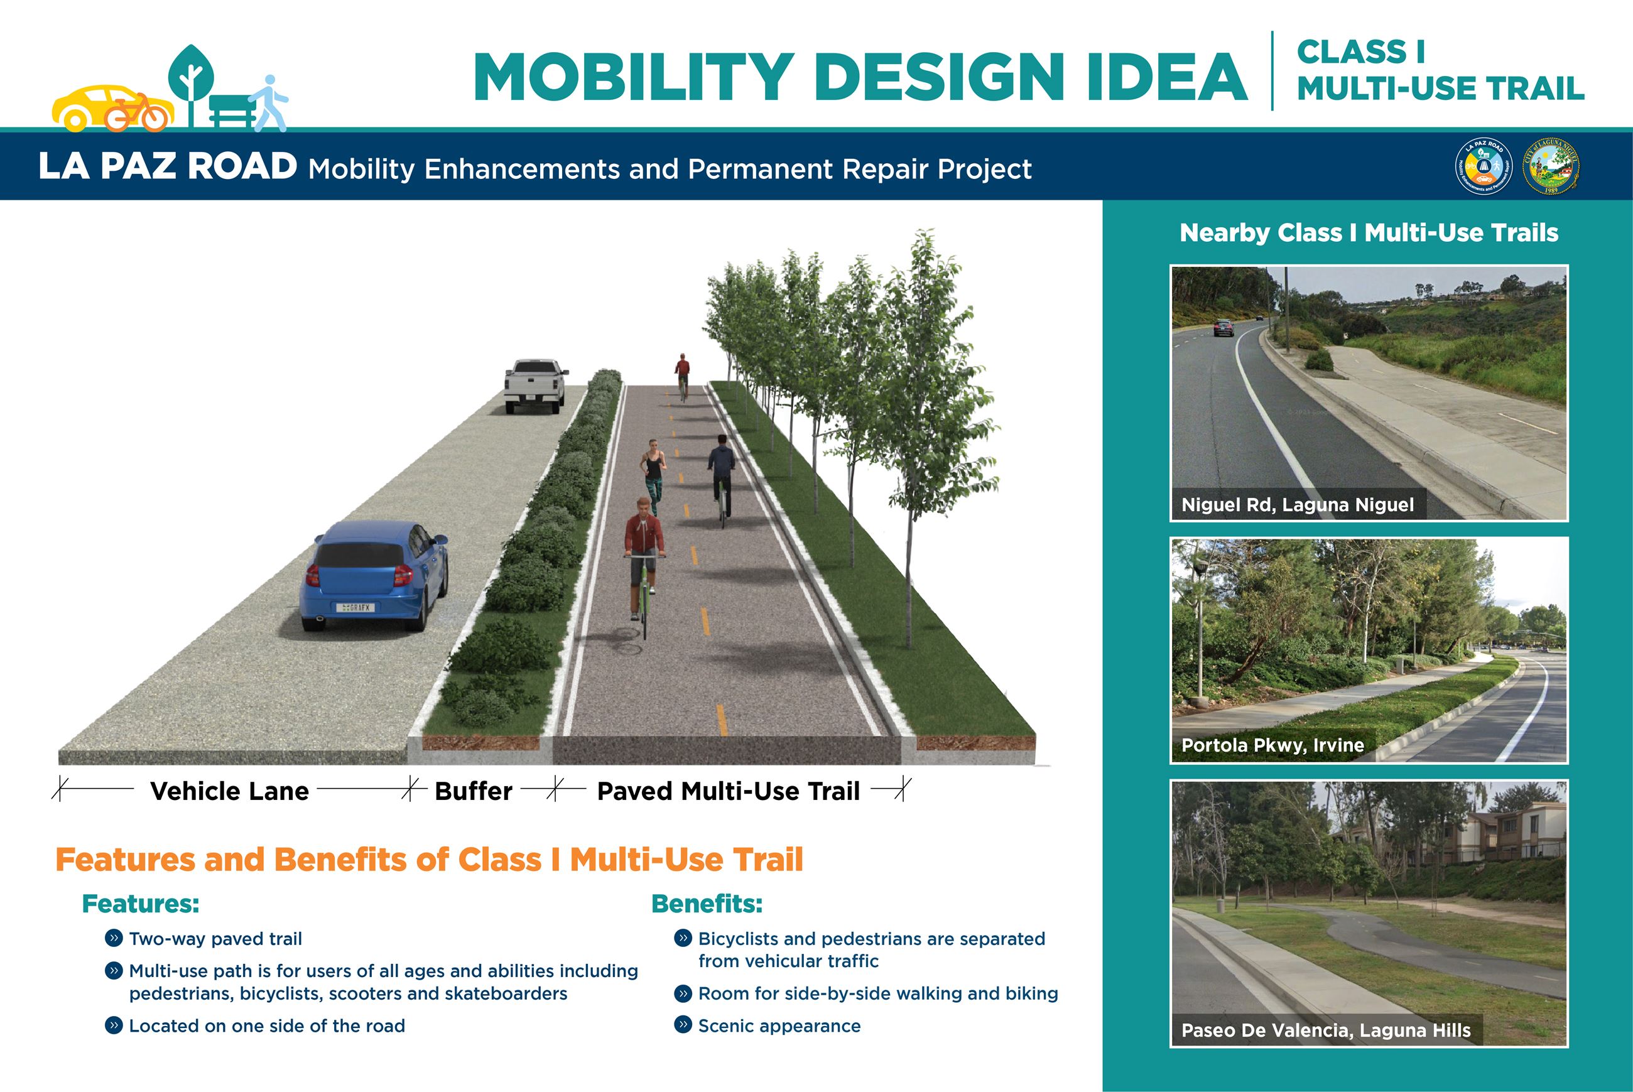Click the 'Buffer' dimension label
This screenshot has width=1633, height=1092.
[474, 791]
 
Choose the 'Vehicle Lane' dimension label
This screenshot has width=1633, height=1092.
[229, 791]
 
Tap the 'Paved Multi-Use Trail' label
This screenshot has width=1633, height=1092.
[729, 791]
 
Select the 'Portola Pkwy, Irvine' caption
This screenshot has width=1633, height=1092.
[1272, 745]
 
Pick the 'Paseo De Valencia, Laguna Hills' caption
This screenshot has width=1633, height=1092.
[1326, 1030]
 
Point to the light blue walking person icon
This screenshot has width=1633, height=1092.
[271, 103]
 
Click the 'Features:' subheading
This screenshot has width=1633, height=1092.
[141, 904]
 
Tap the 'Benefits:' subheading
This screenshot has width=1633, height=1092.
[707, 904]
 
